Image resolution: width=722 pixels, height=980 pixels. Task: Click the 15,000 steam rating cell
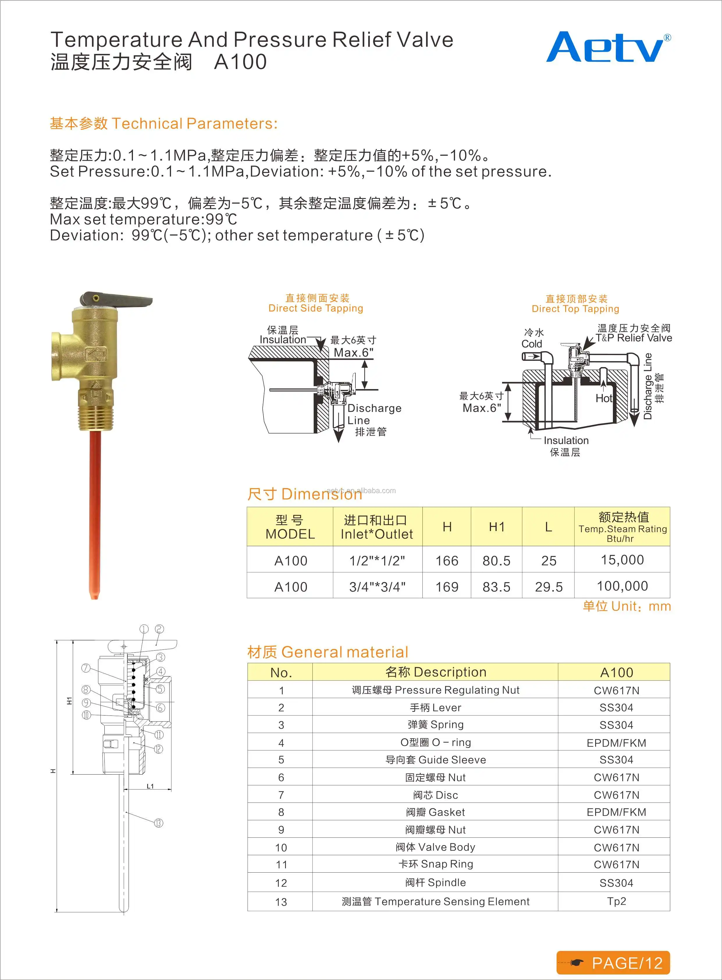[622, 560]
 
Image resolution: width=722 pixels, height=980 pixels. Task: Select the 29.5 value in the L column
[549, 587]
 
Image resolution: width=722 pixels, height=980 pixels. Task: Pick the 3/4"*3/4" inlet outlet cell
[377, 587]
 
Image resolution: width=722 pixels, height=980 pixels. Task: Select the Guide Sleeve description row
[435, 760]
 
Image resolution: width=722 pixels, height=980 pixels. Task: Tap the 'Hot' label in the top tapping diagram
[604, 398]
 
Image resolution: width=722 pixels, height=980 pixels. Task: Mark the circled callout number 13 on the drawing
[159, 823]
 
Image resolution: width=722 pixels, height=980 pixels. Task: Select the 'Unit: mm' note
[626, 606]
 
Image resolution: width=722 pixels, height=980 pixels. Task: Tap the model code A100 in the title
[240, 62]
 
